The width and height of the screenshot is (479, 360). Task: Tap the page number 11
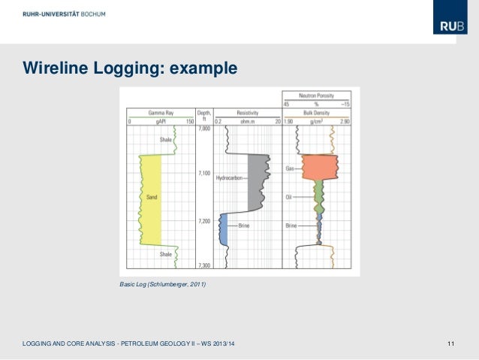coord(450,343)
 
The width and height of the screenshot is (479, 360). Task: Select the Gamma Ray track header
coord(160,112)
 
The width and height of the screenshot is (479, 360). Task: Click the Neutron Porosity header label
coord(316,96)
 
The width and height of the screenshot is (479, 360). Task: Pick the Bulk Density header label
coord(316,112)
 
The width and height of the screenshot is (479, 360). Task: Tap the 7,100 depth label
coord(204,174)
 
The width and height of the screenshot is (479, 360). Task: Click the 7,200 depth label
coord(204,221)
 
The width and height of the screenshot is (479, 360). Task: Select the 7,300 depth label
coord(204,265)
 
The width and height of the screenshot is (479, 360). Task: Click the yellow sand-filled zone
coord(151,199)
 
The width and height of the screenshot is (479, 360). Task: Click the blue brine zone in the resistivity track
coord(223,228)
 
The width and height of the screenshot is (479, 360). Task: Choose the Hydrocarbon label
coord(227,177)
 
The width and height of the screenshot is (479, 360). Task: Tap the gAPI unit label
coord(160,120)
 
